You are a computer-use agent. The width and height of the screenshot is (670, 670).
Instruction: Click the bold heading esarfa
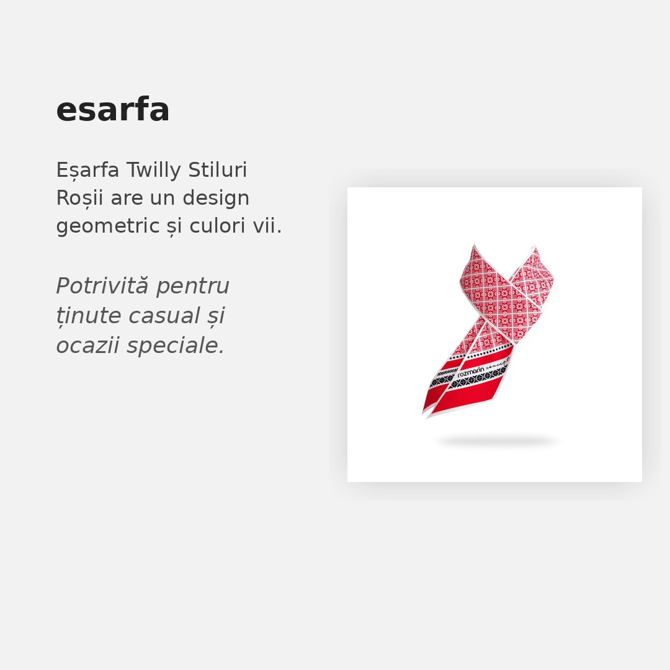113,110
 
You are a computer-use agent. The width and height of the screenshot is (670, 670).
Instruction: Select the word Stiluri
218,169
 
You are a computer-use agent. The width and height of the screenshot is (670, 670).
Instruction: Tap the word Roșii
79,199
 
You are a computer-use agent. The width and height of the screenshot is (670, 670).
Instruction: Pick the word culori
218,226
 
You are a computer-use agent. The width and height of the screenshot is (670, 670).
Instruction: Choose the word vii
267,226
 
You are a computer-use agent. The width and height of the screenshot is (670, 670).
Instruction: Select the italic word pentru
193,286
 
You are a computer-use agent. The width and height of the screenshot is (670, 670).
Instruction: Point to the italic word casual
164,315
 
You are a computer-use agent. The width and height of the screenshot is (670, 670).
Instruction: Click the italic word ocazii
88,346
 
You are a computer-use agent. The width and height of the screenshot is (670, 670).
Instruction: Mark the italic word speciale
176,346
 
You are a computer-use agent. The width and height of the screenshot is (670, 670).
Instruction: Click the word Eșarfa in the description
87,170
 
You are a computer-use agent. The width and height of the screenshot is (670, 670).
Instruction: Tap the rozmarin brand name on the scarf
471,372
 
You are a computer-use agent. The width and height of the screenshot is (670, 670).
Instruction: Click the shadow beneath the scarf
497,442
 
